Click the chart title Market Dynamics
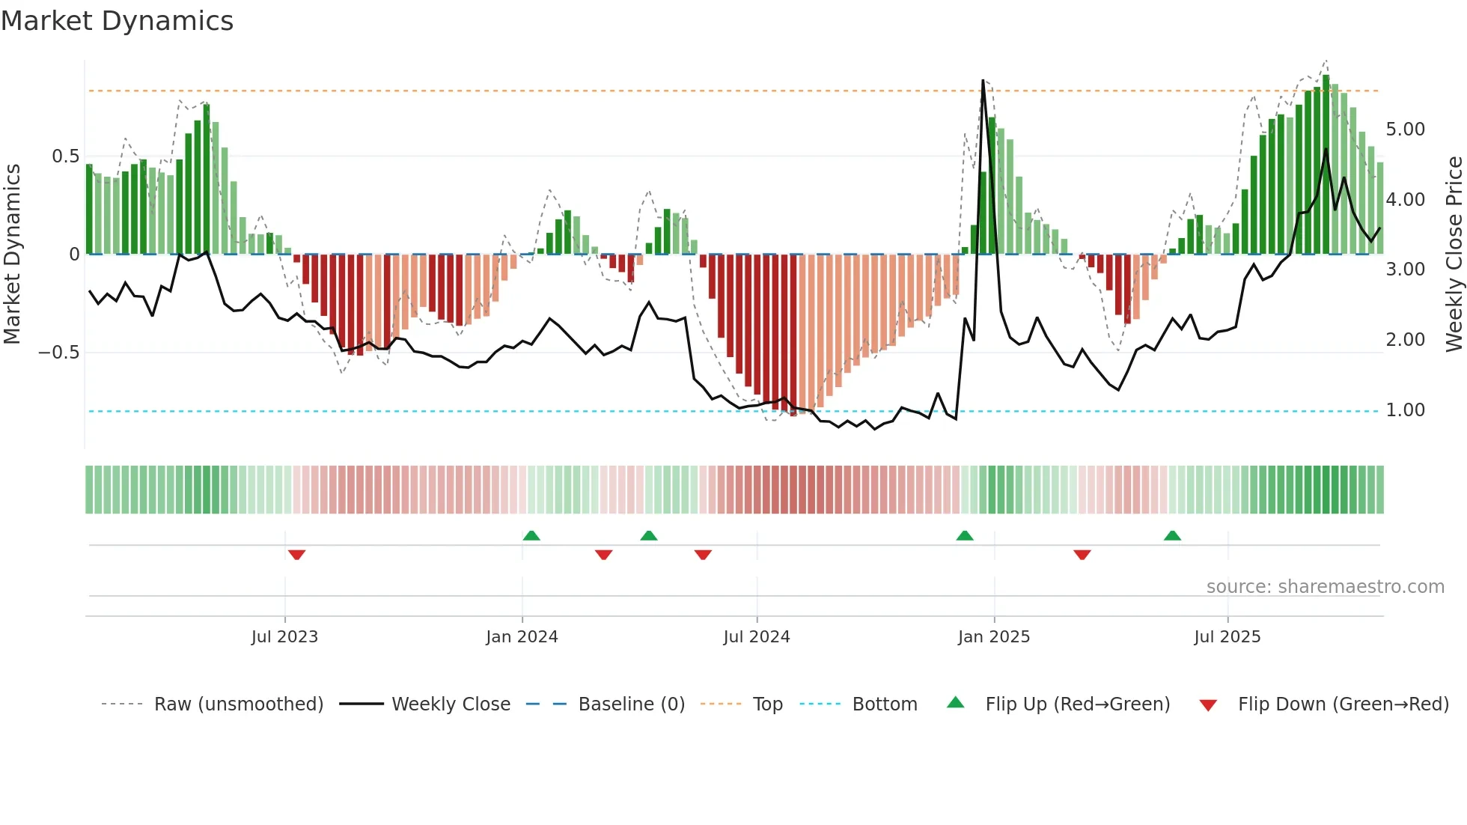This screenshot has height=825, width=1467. [117, 21]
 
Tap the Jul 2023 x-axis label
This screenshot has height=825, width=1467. [284, 637]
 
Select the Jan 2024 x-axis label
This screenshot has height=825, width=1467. [522, 637]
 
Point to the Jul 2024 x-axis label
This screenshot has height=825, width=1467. [757, 637]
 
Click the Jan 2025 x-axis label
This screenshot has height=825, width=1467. [994, 637]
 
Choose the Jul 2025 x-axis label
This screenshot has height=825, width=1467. [1227, 637]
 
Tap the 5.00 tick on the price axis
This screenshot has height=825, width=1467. [1405, 130]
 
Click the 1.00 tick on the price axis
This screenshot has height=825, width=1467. [1405, 410]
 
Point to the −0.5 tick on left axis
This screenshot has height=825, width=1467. [59, 353]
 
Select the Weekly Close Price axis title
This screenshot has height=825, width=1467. [1454, 255]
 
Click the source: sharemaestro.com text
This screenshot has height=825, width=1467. [1325, 587]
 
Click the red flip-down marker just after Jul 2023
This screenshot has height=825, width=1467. [296, 555]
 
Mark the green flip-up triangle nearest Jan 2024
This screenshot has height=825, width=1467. [531, 535]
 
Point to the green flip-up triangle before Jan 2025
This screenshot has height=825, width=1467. [965, 535]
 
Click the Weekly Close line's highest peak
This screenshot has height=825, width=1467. [983, 81]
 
